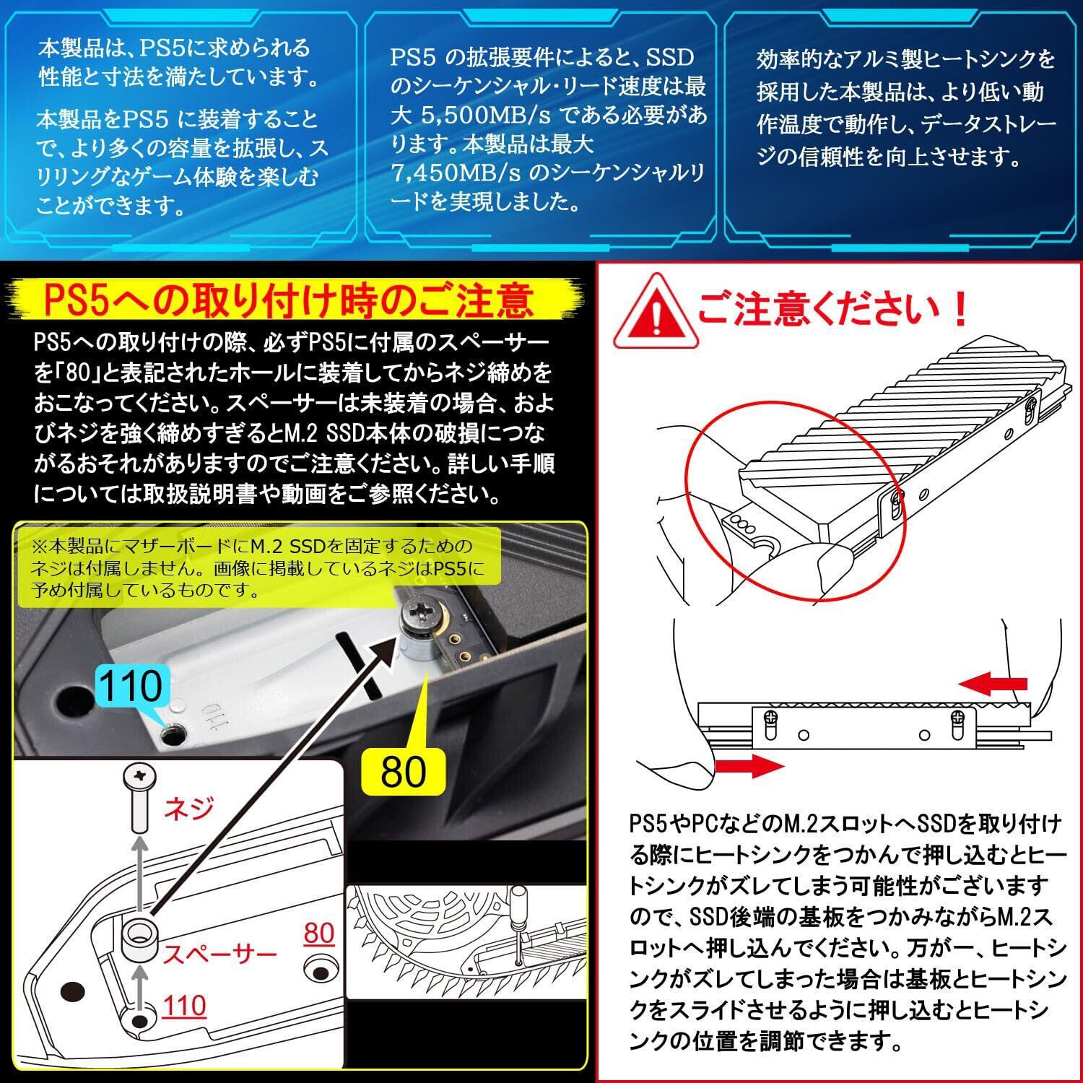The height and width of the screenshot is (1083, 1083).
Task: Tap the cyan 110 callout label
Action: click(130, 686)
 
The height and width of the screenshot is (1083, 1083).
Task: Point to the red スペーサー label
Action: click(219, 954)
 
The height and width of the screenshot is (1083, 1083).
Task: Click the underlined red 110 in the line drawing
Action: click(184, 1005)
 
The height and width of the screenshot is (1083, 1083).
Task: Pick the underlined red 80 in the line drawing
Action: click(318, 934)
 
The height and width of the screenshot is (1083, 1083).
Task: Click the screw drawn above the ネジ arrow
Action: click(139, 798)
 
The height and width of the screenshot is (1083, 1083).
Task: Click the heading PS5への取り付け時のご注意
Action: click(287, 300)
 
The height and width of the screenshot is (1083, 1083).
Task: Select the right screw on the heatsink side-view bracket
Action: click(958, 718)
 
